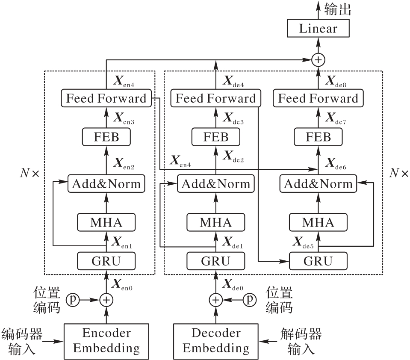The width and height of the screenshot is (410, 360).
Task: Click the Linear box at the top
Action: [318, 29]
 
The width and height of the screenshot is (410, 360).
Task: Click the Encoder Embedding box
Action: [106, 340]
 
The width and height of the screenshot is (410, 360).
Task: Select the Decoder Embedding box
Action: [216, 340]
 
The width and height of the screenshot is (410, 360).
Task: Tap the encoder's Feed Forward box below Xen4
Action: [106, 98]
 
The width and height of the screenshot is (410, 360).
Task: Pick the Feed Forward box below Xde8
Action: [319, 98]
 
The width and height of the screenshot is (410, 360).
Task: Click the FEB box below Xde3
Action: [215, 137]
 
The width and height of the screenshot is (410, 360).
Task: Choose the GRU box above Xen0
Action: [106, 260]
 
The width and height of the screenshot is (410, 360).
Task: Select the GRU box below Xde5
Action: [318, 260]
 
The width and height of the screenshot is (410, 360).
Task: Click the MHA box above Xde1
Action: [215, 222]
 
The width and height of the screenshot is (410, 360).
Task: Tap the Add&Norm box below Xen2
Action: [106, 184]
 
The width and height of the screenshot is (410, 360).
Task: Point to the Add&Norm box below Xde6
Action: [318, 184]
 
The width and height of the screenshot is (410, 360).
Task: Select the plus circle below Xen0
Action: [106, 300]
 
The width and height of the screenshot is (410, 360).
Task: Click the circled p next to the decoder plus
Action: [250, 300]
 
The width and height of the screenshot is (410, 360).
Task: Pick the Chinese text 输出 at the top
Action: [338, 9]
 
